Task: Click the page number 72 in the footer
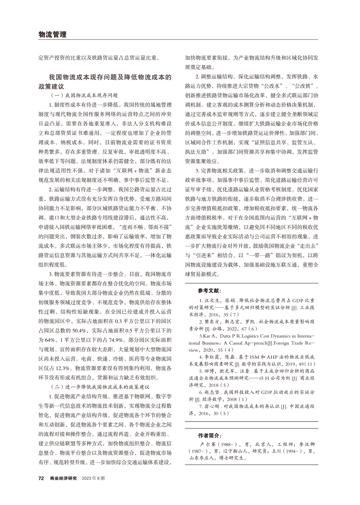41,478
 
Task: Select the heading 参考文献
209,290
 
